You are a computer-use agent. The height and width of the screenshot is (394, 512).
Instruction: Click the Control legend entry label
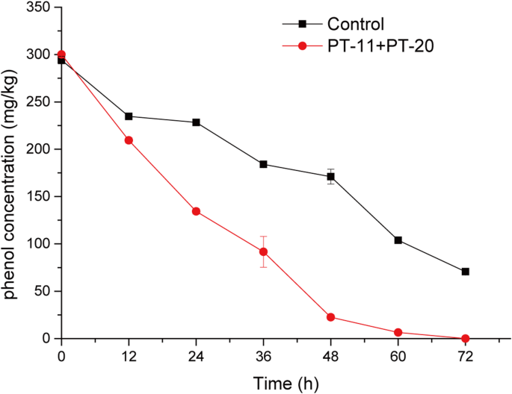tap(356, 23)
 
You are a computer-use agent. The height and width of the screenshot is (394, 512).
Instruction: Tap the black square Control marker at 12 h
tap(129, 116)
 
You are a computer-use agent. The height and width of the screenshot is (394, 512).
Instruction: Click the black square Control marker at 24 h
tap(196, 122)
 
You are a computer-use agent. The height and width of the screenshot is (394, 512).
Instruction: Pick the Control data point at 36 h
tap(263, 164)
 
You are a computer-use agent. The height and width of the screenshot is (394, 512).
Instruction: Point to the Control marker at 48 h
tap(330, 177)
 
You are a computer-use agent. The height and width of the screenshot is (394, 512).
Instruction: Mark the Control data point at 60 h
tap(398, 240)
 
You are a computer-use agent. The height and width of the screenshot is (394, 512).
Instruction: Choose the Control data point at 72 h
tap(465, 272)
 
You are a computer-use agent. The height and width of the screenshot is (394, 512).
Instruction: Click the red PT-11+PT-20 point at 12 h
tap(129, 140)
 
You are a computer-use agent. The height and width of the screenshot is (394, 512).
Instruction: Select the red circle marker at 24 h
tap(196, 211)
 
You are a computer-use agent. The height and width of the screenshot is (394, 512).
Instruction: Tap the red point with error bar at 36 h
tap(263, 251)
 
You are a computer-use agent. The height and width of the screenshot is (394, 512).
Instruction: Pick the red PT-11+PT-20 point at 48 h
tap(330, 317)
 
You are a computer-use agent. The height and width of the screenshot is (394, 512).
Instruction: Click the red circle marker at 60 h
tap(398, 332)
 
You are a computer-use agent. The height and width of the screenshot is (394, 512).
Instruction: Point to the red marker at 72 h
tap(465, 338)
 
